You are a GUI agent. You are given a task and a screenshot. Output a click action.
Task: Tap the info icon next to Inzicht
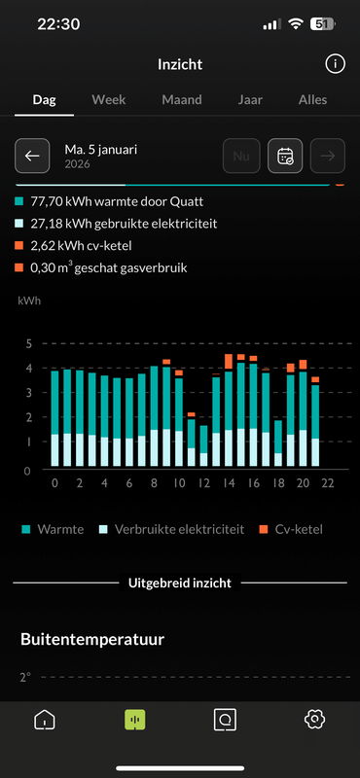[x=334, y=64]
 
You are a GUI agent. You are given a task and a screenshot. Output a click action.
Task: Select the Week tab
[x=109, y=99]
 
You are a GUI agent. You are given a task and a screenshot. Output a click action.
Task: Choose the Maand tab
[x=181, y=99]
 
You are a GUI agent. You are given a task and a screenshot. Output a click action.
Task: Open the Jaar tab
[x=250, y=99]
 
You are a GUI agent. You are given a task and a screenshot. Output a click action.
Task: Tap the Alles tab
[x=312, y=99]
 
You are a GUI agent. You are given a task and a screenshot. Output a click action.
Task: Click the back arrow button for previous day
[x=32, y=156]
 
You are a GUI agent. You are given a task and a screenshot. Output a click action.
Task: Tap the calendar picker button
[x=285, y=156]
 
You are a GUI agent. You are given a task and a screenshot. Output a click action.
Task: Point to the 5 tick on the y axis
[x=29, y=343]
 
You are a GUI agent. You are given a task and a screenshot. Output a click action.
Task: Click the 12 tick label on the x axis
[x=203, y=483]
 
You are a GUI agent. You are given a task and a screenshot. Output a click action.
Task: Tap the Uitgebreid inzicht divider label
[x=180, y=583]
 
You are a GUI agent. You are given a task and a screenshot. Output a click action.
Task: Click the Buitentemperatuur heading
[x=92, y=639]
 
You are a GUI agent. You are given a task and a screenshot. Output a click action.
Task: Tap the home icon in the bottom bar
[x=45, y=720]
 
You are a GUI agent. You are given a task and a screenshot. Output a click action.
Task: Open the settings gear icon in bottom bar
[x=314, y=720]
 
